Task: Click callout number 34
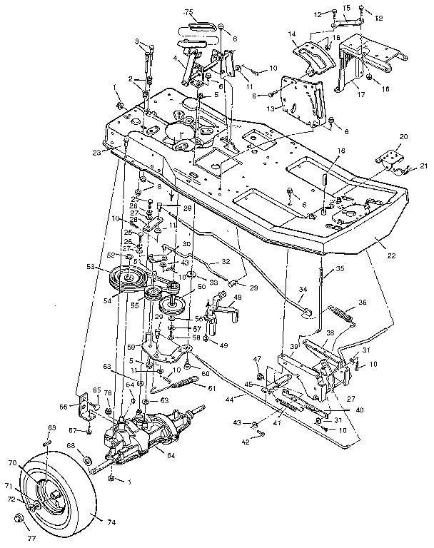[x=303, y=290]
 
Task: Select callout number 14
[x=291, y=34]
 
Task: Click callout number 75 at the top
[x=188, y=13]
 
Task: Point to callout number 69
[x=51, y=427]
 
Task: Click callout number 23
[x=116, y=151]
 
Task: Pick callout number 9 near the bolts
[x=138, y=41]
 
